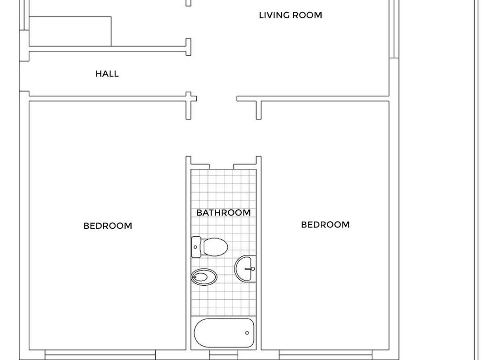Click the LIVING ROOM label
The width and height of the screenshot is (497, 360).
[290, 15]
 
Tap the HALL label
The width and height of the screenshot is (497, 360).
[107, 74]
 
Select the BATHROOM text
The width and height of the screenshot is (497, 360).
[223, 212]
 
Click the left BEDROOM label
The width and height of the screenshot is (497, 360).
[108, 226]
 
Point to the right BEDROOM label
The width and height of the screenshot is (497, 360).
[325, 225]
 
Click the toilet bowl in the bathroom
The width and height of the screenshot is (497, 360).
[216, 247]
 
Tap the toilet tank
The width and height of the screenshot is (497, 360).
[196, 247]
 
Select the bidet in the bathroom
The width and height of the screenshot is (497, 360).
[204, 277]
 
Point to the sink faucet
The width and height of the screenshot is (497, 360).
[250, 269]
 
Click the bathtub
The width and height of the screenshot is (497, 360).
[224, 333]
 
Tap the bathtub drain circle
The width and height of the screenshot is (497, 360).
[247, 333]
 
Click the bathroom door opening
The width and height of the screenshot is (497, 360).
[221, 167]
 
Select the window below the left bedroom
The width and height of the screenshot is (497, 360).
[100, 355]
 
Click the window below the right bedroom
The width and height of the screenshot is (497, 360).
[325, 355]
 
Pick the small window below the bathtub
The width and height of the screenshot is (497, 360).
[223, 355]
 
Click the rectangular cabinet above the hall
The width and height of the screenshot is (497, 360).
[70, 31]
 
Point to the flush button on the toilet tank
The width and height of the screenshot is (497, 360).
[195, 247]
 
